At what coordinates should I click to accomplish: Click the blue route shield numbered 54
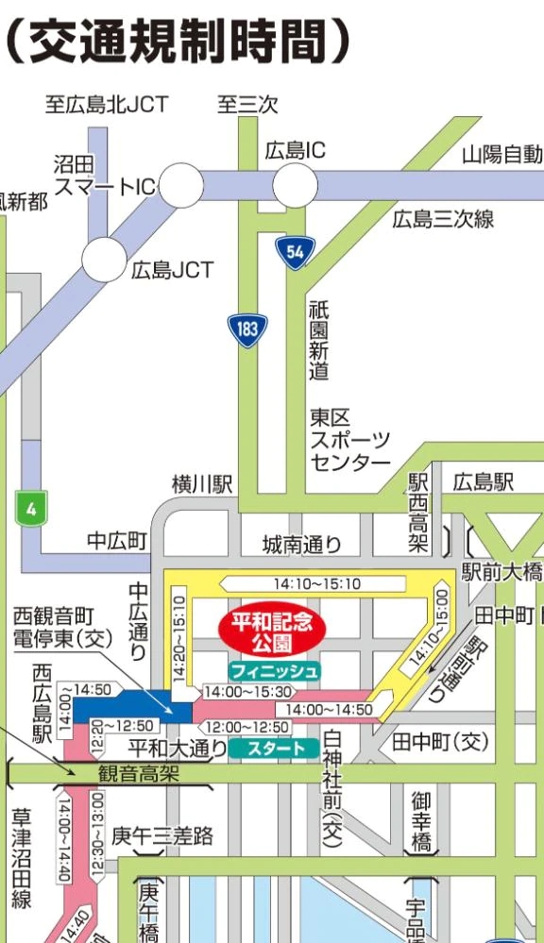click(295, 251)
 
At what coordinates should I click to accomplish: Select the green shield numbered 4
click(31, 510)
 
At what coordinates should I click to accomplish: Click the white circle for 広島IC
click(295, 183)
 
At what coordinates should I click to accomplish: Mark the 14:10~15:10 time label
click(317, 584)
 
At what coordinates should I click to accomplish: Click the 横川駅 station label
click(201, 484)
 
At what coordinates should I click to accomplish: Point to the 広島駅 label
click(483, 482)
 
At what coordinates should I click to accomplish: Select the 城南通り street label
click(301, 545)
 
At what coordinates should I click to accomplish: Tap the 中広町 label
click(117, 541)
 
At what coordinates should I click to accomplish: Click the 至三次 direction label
click(247, 104)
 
